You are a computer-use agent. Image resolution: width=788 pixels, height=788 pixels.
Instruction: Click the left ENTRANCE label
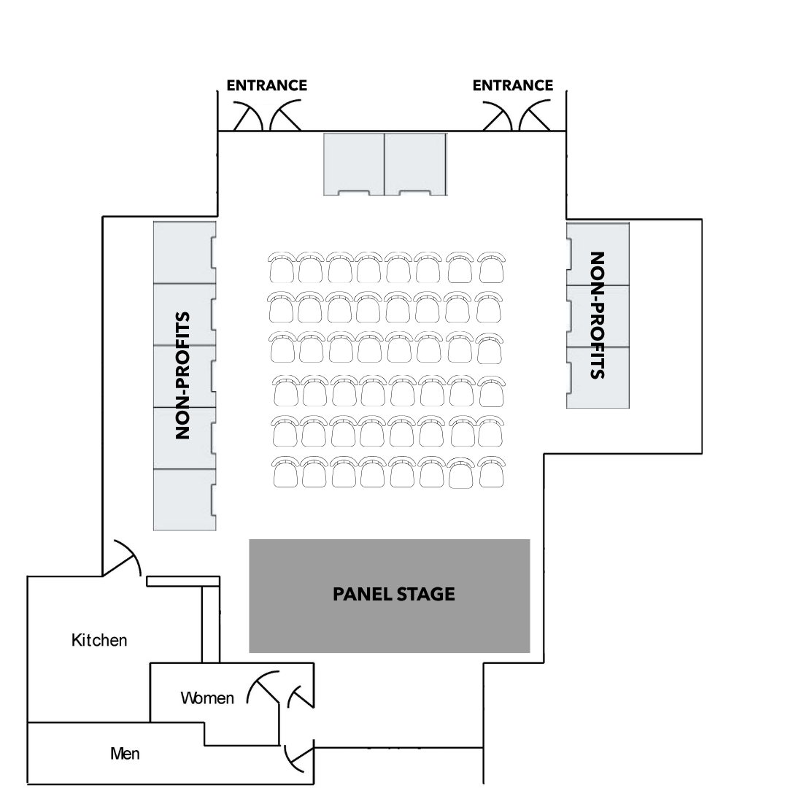266,85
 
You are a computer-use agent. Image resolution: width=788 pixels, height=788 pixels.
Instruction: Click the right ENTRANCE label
512,85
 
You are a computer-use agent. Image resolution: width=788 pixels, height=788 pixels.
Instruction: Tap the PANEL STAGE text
393,595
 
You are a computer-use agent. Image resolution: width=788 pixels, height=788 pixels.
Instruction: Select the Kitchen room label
99,641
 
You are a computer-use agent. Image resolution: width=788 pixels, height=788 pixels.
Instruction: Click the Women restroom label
207,698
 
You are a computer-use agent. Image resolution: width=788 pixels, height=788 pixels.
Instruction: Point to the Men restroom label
125,754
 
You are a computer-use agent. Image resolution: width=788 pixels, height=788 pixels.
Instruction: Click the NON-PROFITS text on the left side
183,376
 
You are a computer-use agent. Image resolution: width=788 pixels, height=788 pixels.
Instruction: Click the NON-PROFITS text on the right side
598,315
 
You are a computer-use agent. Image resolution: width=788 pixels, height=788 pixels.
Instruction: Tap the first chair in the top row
281,268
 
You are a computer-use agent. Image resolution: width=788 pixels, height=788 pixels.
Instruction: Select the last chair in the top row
492,268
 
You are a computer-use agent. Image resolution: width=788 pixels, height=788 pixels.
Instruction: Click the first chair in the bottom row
285,473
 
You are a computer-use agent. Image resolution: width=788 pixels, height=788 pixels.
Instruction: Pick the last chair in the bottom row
491,473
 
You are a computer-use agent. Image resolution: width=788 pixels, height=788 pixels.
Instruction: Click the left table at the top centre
353,163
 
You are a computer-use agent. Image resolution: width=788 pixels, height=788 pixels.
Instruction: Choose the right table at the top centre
415,163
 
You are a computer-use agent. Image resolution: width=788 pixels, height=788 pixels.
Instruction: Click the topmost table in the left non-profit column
184,252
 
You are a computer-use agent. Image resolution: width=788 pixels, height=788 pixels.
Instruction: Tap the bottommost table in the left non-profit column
184,499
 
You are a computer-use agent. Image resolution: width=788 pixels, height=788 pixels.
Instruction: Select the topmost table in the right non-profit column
598,254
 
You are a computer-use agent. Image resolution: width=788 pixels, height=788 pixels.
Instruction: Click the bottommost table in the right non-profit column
598,377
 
